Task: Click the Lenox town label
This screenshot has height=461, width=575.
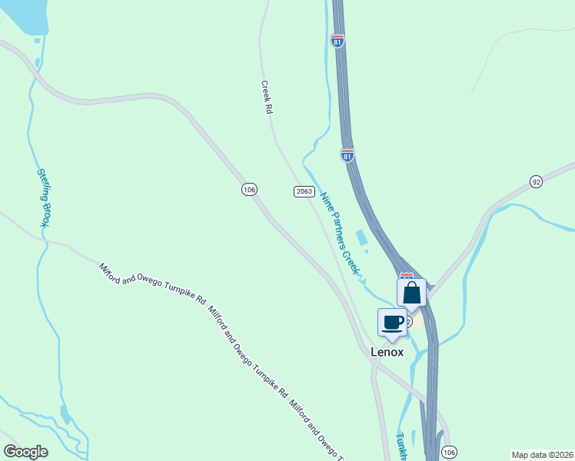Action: pyautogui.click(x=387, y=352)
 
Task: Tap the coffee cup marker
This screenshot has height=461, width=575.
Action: pyautogui.click(x=392, y=322)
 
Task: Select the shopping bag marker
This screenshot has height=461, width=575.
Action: pyautogui.click(x=411, y=293)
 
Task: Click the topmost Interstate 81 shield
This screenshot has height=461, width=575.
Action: pyautogui.click(x=337, y=41)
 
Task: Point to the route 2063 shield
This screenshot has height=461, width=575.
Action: pyautogui.click(x=303, y=191)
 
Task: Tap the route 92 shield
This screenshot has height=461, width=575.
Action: pyautogui.click(x=536, y=181)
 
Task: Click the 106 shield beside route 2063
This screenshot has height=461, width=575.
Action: pyautogui.click(x=248, y=189)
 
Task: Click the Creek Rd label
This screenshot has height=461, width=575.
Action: pyautogui.click(x=268, y=98)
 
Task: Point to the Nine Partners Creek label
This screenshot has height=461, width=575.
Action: pyautogui.click(x=340, y=233)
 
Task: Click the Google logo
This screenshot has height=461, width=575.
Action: pyautogui.click(x=26, y=452)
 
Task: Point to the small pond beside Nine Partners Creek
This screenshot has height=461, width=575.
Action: pyautogui.click(x=361, y=237)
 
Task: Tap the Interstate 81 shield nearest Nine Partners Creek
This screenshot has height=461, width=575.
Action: pyautogui.click(x=347, y=155)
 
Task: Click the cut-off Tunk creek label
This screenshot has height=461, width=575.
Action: pyautogui.click(x=401, y=446)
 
